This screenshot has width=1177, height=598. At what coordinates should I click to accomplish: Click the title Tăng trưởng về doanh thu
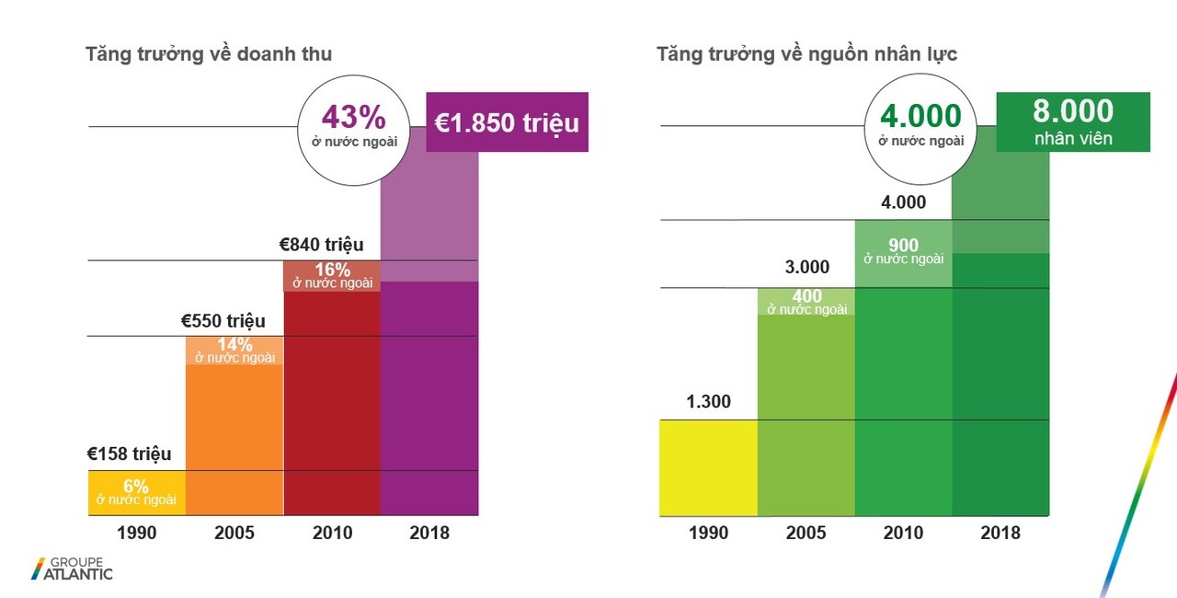(209, 54)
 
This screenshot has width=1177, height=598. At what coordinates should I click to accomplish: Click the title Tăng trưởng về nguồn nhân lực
(806, 54)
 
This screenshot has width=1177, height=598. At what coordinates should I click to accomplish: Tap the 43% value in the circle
(353, 118)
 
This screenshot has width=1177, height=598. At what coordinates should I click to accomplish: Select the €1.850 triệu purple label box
(507, 122)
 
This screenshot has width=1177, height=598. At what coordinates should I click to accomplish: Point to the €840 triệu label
(322, 245)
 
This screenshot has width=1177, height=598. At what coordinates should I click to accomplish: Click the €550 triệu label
(223, 321)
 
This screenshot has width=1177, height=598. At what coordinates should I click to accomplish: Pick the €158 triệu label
(129, 454)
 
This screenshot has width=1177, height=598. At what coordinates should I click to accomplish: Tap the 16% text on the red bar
(333, 270)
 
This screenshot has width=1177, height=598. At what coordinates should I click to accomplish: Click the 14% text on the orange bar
(234, 344)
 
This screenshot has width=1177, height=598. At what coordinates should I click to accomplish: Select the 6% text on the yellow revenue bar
(136, 487)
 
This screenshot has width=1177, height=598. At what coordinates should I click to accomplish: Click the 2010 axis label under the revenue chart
(333, 533)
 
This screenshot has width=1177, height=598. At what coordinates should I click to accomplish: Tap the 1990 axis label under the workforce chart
(708, 534)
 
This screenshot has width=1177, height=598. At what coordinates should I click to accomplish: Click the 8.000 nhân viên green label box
(1073, 121)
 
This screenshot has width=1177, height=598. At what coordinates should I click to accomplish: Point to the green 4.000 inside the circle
(920, 117)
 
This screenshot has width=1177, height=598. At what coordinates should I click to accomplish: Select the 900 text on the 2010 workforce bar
(904, 246)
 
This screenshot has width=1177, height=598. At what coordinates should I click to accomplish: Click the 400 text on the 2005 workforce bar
(806, 296)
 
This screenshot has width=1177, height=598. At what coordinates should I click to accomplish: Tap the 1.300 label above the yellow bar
(708, 401)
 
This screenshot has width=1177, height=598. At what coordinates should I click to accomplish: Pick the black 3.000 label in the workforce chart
(806, 268)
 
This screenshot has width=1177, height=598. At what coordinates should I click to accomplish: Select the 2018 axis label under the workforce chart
(1000, 534)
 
